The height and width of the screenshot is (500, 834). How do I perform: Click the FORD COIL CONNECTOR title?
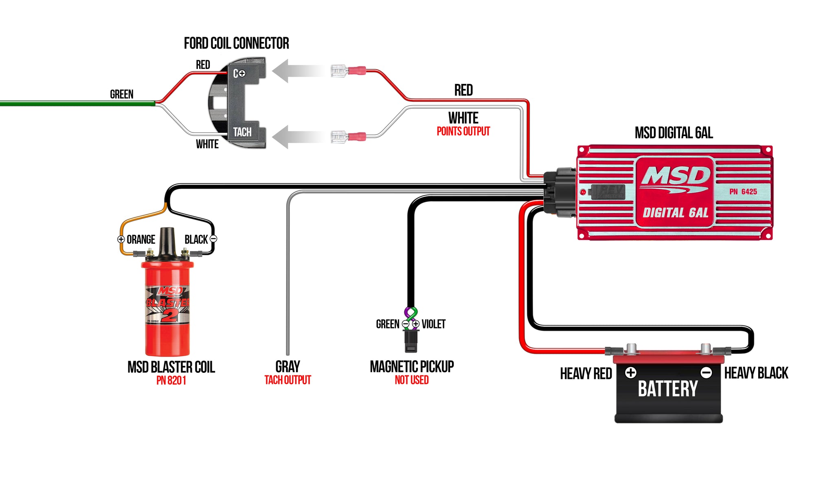tap(236, 43)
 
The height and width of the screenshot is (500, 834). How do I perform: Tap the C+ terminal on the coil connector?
tap(239, 73)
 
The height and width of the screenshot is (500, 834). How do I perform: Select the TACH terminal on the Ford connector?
tap(242, 132)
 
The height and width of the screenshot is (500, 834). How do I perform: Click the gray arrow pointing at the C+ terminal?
tap(297, 71)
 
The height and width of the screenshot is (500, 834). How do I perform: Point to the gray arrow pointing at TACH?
tap(297, 137)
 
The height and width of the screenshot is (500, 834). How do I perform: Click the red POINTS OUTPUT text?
tap(463, 131)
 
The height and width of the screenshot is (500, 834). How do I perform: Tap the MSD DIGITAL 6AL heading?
tap(674, 133)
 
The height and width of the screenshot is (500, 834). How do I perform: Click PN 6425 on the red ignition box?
tap(743, 192)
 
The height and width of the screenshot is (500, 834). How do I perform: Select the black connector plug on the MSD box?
tap(560, 192)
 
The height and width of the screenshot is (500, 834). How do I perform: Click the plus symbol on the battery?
tap(630, 372)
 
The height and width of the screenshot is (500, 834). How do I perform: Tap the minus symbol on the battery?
tap(706, 372)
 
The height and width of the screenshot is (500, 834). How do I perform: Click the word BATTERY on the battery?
tap(667, 389)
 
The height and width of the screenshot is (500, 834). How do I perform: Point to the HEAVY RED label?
tap(586, 374)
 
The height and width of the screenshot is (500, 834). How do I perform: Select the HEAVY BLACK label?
tap(756, 373)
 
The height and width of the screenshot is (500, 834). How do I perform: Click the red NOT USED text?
tap(411, 380)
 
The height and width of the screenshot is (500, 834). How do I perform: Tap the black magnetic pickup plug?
tap(410, 341)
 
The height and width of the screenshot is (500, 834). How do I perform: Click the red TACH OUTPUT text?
tap(288, 380)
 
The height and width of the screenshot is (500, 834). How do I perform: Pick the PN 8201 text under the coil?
tap(171, 381)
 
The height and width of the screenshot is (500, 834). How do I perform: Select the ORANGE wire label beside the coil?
tap(140, 240)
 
